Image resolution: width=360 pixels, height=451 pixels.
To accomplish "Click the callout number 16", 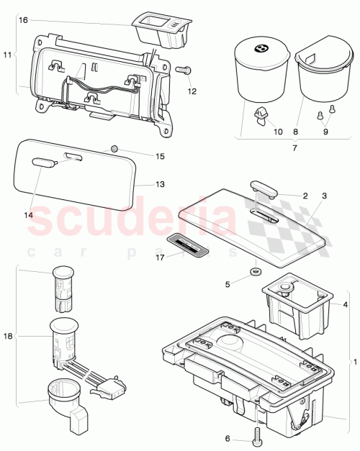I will point(23,21).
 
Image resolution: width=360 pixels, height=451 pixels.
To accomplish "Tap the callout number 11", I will point(9,55).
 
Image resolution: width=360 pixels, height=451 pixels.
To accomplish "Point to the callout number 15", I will point(161,156).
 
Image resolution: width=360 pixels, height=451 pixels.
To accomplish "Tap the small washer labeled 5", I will point(254,272).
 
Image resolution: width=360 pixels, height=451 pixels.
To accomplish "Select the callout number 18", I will point(9,336).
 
